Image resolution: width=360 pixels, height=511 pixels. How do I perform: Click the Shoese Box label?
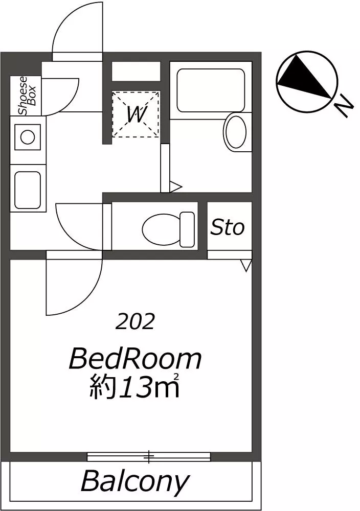(x=27, y=96)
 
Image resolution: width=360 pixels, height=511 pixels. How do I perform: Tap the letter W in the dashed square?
(x=136, y=114)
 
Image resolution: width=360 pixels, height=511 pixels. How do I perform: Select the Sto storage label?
(x=227, y=227)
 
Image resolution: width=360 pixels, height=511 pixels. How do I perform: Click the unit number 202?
(x=135, y=322)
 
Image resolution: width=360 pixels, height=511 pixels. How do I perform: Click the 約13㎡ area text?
(x=135, y=386)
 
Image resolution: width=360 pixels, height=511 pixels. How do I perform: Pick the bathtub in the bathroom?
(x=211, y=90)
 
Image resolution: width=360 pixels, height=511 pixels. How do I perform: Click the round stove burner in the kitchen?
(x=28, y=136)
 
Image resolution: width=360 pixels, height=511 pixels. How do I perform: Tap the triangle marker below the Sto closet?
(x=246, y=265)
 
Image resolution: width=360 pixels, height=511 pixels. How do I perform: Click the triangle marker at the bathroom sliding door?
(x=176, y=187)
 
